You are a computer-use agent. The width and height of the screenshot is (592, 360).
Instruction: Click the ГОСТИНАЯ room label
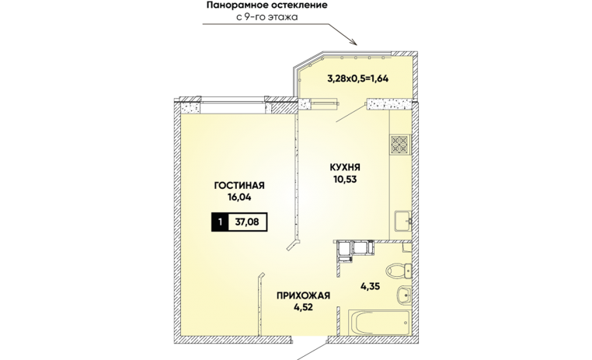point(239,186)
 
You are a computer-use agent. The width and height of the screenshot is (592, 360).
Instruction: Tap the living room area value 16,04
point(239,197)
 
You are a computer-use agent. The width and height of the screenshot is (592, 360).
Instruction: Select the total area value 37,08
point(247,222)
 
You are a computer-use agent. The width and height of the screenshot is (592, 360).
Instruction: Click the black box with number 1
point(220,222)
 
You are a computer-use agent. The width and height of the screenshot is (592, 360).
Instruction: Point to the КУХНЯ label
point(345,167)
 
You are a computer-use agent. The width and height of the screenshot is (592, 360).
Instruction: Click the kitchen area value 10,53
point(345,179)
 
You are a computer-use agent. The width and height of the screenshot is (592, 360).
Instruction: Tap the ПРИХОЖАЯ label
point(303,295)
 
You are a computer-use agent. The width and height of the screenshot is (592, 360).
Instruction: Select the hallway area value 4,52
point(303,306)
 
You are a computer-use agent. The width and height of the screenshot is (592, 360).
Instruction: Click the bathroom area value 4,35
point(370,287)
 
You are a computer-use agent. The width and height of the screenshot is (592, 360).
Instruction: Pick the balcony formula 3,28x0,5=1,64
point(357,79)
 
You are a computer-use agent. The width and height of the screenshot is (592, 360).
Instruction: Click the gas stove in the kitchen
point(400,145)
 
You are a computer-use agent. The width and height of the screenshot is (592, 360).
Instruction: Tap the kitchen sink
point(403,221)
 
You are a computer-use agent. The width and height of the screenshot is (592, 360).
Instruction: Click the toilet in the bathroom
point(399,271)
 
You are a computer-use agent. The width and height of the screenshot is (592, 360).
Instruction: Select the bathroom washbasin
point(404,295)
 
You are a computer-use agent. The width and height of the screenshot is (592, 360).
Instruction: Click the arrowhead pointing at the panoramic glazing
point(354,42)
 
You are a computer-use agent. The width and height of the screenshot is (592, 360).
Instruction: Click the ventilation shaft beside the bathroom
point(354,250)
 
